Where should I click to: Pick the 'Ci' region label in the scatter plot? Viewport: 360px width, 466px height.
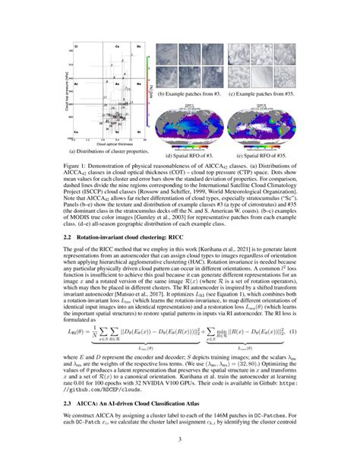(77, 48)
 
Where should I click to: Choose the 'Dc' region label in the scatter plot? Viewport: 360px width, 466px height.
(138, 48)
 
